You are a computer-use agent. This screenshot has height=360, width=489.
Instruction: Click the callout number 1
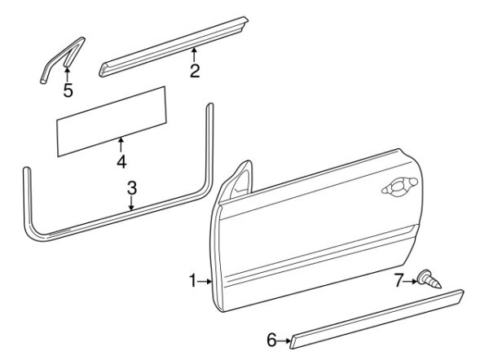pos(193,281)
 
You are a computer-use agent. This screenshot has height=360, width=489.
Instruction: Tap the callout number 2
pos(195,71)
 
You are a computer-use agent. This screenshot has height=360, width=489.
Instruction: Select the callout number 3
pos(131,188)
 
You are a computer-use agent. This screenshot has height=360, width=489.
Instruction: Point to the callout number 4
pos(121,162)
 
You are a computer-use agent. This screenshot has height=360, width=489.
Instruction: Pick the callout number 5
pos(68,90)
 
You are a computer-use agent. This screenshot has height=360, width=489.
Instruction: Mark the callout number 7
pos(399,280)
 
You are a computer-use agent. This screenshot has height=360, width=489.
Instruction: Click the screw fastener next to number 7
pos(430,280)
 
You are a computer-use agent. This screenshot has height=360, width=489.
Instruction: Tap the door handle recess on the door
pos(399,187)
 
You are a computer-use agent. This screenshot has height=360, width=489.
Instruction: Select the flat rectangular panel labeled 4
pos(112,121)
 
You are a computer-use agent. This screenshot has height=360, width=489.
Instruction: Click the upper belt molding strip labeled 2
pos(174,46)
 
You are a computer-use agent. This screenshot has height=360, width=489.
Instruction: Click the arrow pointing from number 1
pos(205,282)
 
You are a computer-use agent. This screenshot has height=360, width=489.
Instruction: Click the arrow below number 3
pos(131,204)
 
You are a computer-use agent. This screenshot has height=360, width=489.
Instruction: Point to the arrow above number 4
pos(121,145)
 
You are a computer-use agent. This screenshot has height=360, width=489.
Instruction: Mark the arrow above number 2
pos(194,55)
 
